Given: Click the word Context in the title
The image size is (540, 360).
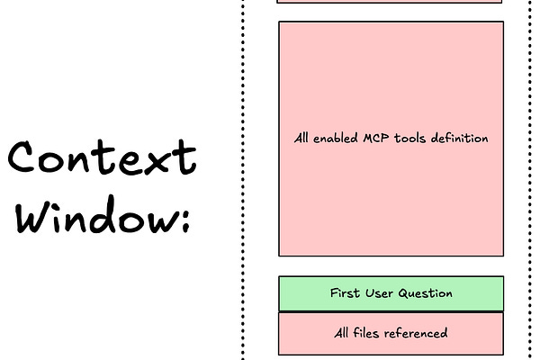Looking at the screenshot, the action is coord(102,159).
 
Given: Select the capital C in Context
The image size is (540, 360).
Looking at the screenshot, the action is coord(28,159).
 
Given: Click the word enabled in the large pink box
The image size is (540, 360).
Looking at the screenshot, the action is coord(333,139).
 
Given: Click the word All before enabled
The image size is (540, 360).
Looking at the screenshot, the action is coord(301,139).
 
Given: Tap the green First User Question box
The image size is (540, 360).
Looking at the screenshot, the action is coord(391,293).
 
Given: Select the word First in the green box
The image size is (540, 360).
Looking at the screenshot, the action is coord(346,293).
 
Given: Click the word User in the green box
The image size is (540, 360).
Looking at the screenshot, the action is coord(382,293).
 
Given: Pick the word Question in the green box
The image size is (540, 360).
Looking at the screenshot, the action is coord(427,294).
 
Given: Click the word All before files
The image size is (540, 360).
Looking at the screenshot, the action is coord(341,333).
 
